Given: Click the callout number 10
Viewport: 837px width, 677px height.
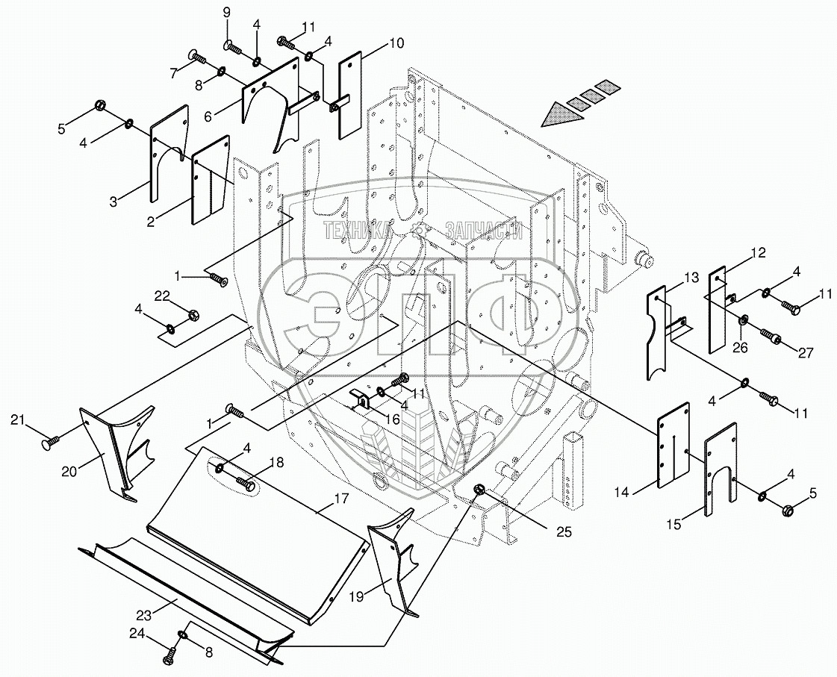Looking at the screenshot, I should pyautogui.click(x=396, y=44).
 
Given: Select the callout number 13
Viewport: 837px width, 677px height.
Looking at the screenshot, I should pyautogui.click(x=691, y=278).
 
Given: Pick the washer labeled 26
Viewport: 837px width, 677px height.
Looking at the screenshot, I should pyautogui.click(x=744, y=320).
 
